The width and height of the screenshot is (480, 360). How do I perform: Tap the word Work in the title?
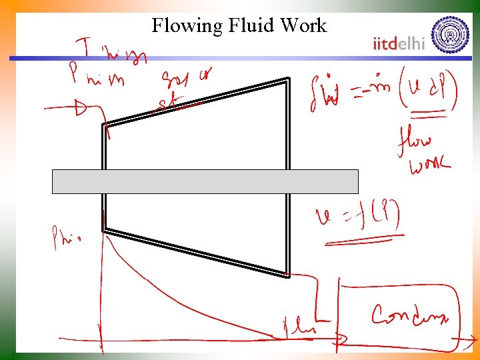click(303, 26)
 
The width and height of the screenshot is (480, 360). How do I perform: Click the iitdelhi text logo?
click(399, 44)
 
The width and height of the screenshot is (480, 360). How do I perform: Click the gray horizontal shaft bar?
click(205, 181)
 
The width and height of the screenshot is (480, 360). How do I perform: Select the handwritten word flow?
click(414, 141)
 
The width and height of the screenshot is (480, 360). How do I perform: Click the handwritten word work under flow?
click(429, 164)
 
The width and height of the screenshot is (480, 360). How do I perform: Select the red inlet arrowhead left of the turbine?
click(81, 107)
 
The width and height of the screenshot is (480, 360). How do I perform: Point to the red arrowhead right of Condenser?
click(461, 343)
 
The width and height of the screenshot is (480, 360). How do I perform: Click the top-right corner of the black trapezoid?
click(288, 79)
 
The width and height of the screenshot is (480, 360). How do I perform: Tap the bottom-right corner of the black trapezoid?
click(288, 273)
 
